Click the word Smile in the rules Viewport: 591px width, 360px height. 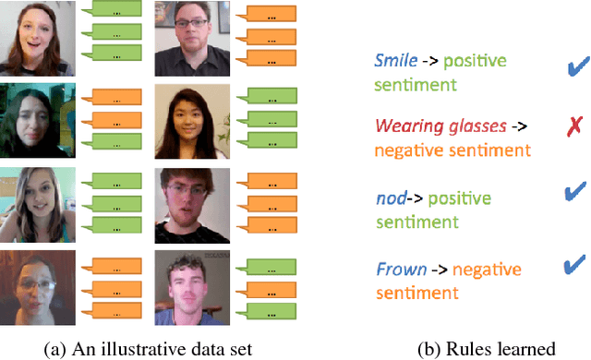[395, 61]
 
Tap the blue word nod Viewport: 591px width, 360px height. [392, 198]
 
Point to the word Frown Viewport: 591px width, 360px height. [401, 270]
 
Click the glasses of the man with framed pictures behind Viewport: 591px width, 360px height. [190, 33]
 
